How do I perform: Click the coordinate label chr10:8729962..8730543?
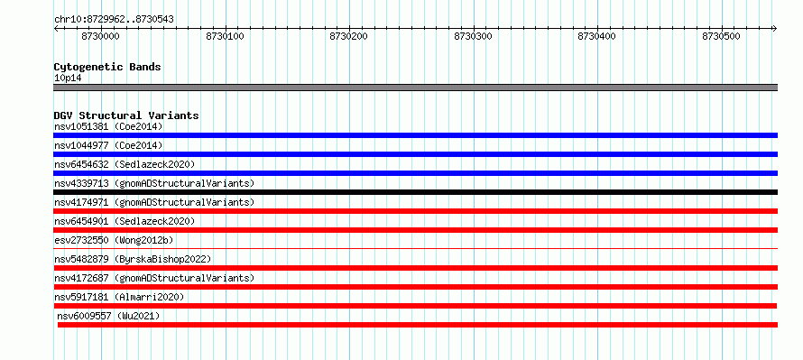114,19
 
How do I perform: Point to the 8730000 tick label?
101,36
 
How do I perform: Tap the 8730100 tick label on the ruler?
226,36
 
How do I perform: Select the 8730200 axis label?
349,36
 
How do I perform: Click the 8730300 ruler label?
474,36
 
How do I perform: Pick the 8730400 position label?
597,36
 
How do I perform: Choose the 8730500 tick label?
722,36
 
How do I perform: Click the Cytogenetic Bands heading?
107,67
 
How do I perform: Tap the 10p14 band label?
68,78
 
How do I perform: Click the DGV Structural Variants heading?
126,115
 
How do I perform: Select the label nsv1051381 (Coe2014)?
108,126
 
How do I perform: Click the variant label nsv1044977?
81,145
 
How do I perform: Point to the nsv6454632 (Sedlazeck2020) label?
125,164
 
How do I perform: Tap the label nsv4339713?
81,183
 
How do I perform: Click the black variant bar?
415,192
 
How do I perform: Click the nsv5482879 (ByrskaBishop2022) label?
133,259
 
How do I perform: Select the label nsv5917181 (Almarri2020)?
119,297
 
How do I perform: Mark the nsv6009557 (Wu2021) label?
108,316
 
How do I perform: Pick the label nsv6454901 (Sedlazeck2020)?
125,221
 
